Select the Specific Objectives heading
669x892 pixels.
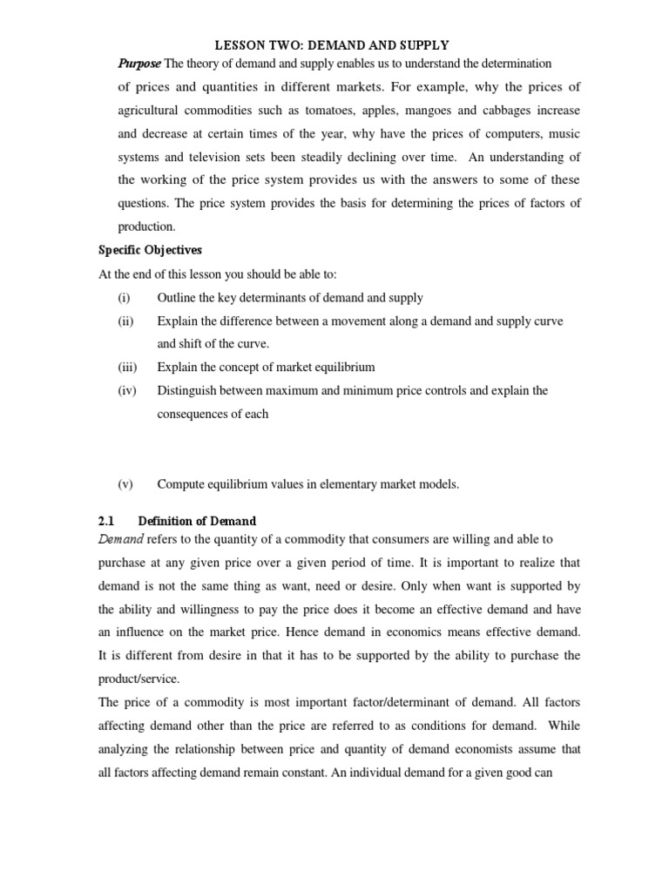[x=149, y=251]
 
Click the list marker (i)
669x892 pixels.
[x=124, y=298]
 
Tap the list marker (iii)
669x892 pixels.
[x=127, y=367]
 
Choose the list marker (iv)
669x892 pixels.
[x=127, y=390]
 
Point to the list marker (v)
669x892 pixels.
[x=125, y=483]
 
